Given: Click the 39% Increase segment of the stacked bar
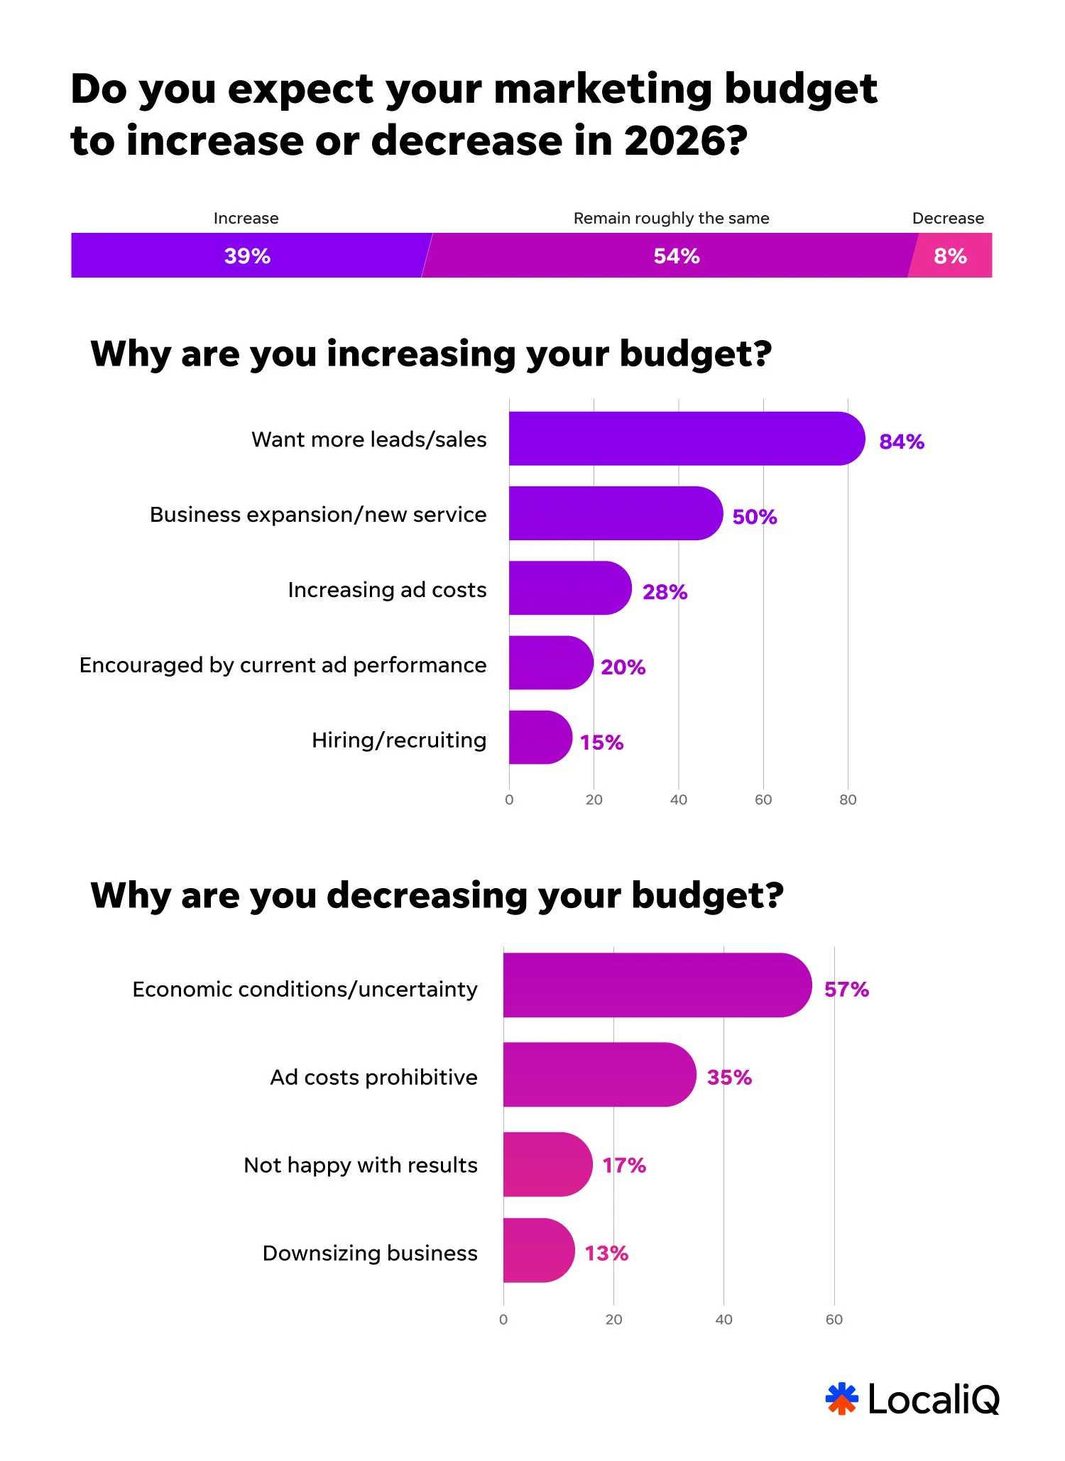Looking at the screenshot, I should [248, 256].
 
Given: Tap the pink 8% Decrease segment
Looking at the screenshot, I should [951, 256].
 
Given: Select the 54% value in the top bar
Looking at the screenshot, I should [677, 256].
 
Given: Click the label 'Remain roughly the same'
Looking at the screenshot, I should [671, 218].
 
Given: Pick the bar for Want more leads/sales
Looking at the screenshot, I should [682, 439].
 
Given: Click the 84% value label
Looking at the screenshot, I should [902, 442].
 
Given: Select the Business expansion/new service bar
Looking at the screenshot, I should [611, 513].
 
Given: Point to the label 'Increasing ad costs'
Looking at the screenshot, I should [387, 590].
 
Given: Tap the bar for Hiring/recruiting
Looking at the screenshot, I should [538, 738].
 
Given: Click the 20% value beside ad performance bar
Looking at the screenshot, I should [623, 667].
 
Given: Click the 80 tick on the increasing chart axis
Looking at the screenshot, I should [848, 800].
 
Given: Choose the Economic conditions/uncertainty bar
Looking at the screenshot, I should [653, 985].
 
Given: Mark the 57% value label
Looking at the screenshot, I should [846, 990].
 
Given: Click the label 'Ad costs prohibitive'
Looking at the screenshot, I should [373, 1078].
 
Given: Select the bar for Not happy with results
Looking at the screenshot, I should [545, 1164].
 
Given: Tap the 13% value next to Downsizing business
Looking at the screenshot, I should [606, 1254].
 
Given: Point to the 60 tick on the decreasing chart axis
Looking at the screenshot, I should [834, 1320].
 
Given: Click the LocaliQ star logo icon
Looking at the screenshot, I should [842, 1399].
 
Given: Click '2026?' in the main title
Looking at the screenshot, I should [685, 141].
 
